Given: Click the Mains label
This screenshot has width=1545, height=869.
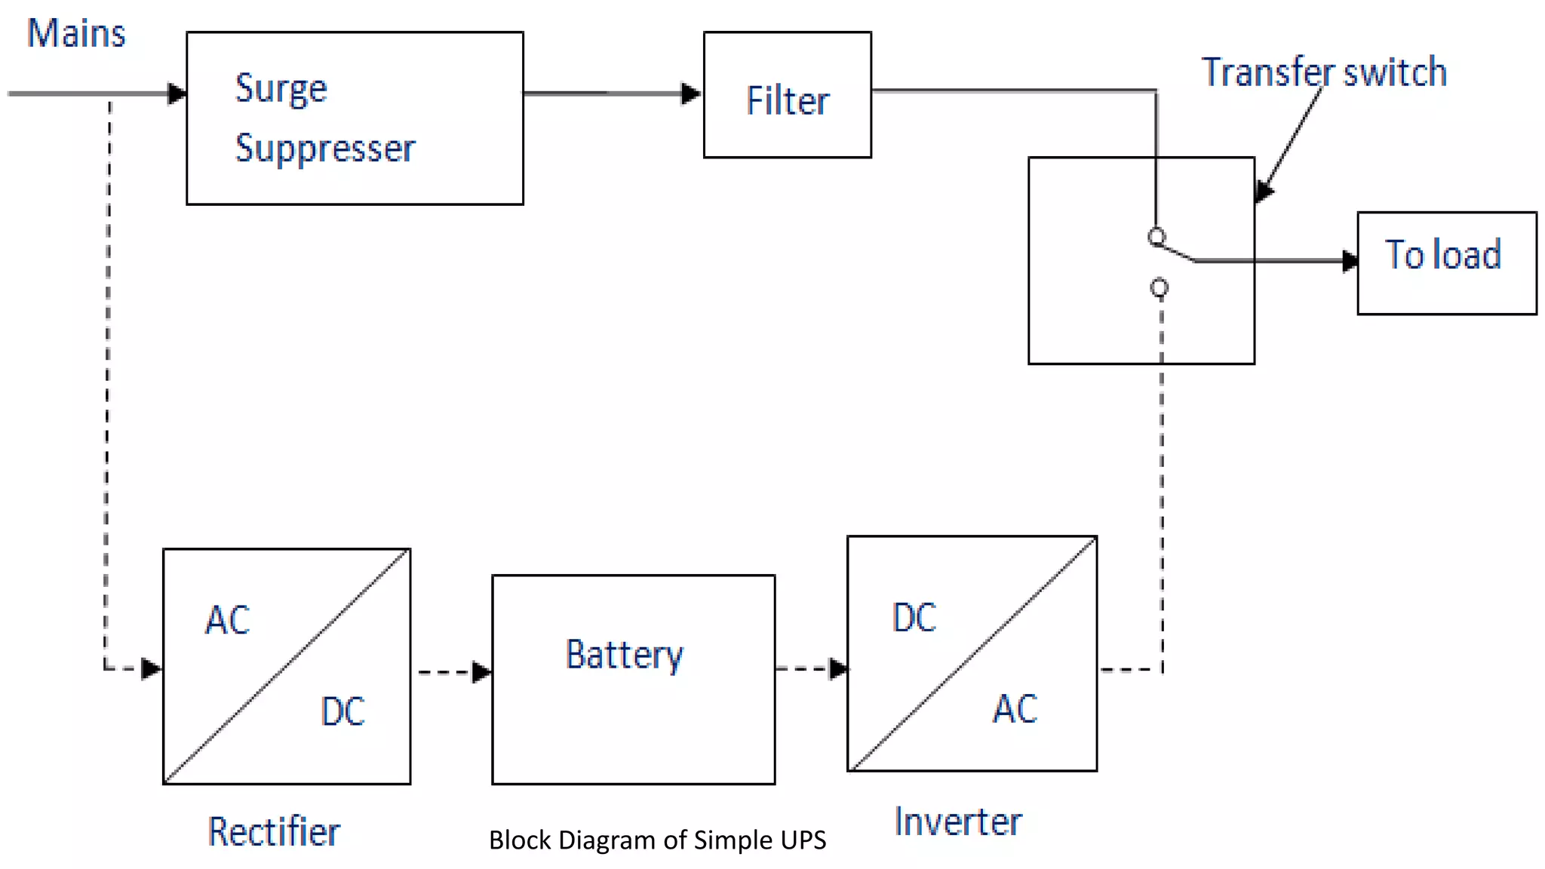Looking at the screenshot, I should [x=76, y=34].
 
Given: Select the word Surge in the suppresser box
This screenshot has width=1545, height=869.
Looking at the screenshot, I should [x=281, y=89].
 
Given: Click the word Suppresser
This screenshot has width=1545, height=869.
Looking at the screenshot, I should [x=325, y=148].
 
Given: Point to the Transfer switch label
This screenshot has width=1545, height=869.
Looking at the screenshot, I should [x=1324, y=72].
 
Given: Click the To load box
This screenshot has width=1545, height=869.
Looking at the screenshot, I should [x=1446, y=263].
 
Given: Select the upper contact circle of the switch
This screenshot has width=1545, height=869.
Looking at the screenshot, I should [x=1156, y=237].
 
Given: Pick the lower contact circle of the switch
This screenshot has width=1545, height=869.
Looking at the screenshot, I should [x=1160, y=287].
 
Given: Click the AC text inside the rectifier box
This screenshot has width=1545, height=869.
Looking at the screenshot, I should [x=227, y=621].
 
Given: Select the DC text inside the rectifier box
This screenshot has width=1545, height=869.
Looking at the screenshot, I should [x=342, y=711].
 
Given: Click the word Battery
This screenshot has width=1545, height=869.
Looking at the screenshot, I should [x=625, y=655].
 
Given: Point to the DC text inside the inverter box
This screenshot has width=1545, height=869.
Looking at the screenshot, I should [x=914, y=618].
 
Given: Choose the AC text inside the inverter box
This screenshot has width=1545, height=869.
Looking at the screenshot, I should [x=1015, y=709].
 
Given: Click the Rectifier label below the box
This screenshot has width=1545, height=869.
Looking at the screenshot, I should [x=274, y=832].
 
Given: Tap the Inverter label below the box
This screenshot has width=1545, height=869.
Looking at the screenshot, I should [x=958, y=822].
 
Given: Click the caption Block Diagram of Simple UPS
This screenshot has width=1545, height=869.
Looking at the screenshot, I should [x=657, y=840].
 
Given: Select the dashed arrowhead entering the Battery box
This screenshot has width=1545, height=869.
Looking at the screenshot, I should [x=481, y=671].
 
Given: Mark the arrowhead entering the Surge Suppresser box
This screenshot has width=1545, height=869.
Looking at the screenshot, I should [x=177, y=94].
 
